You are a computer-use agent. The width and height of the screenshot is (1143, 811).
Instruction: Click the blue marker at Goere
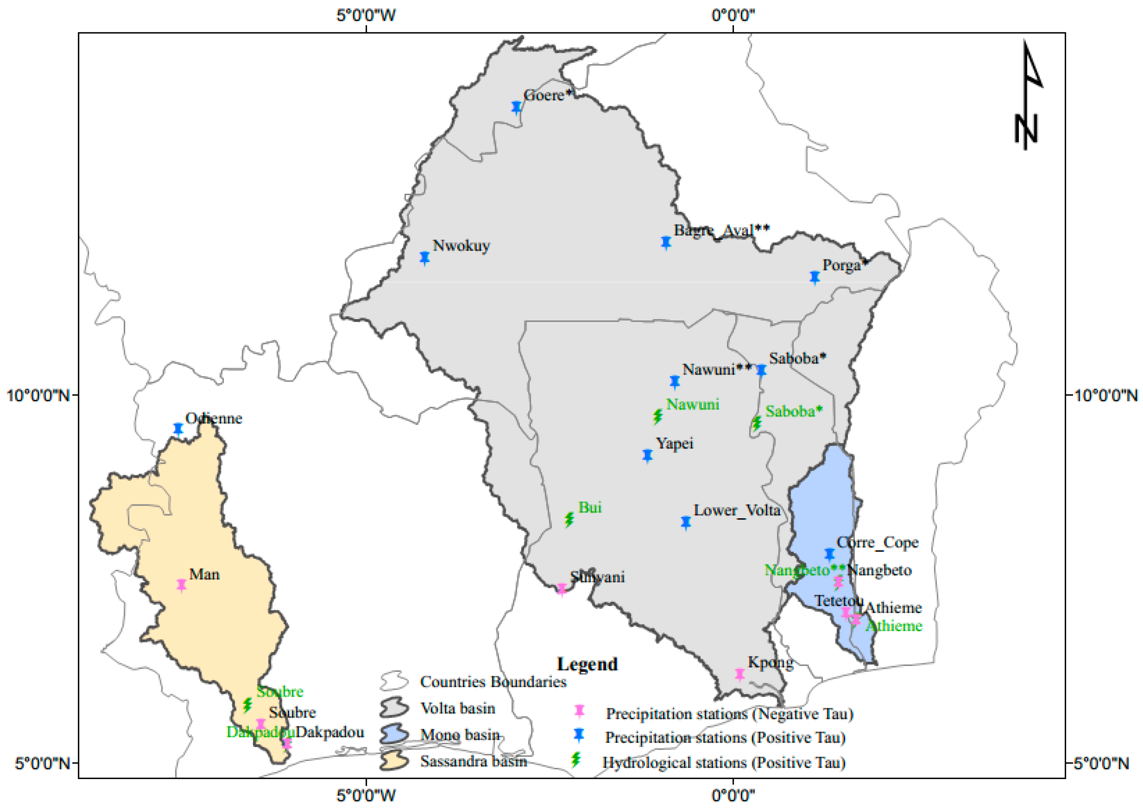pyautogui.click(x=516, y=107)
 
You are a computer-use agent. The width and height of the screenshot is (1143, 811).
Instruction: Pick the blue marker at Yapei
pyautogui.click(x=647, y=456)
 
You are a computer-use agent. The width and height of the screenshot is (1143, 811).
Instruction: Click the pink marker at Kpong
pyautogui.click(x=740, y=674)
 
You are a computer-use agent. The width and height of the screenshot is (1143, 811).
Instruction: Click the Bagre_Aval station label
pyautogui.click(x=721, y=230)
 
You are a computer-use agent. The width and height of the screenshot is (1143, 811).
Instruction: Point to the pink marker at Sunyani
pyautogui.click(x=561, y=589)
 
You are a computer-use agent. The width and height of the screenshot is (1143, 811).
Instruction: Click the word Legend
pyautogui.click(x=587, y=664)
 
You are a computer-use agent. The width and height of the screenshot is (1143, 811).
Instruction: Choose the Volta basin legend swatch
pyautogui.click(x=395, y=708)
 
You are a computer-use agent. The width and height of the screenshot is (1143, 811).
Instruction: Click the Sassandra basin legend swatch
pyautogui.click(x=395, y=761)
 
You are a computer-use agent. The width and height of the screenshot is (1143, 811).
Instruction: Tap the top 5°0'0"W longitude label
pyautogui.click(x=366, y=15)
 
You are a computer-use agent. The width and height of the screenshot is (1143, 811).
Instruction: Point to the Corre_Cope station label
pyautogui.click(x=877, y=542)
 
